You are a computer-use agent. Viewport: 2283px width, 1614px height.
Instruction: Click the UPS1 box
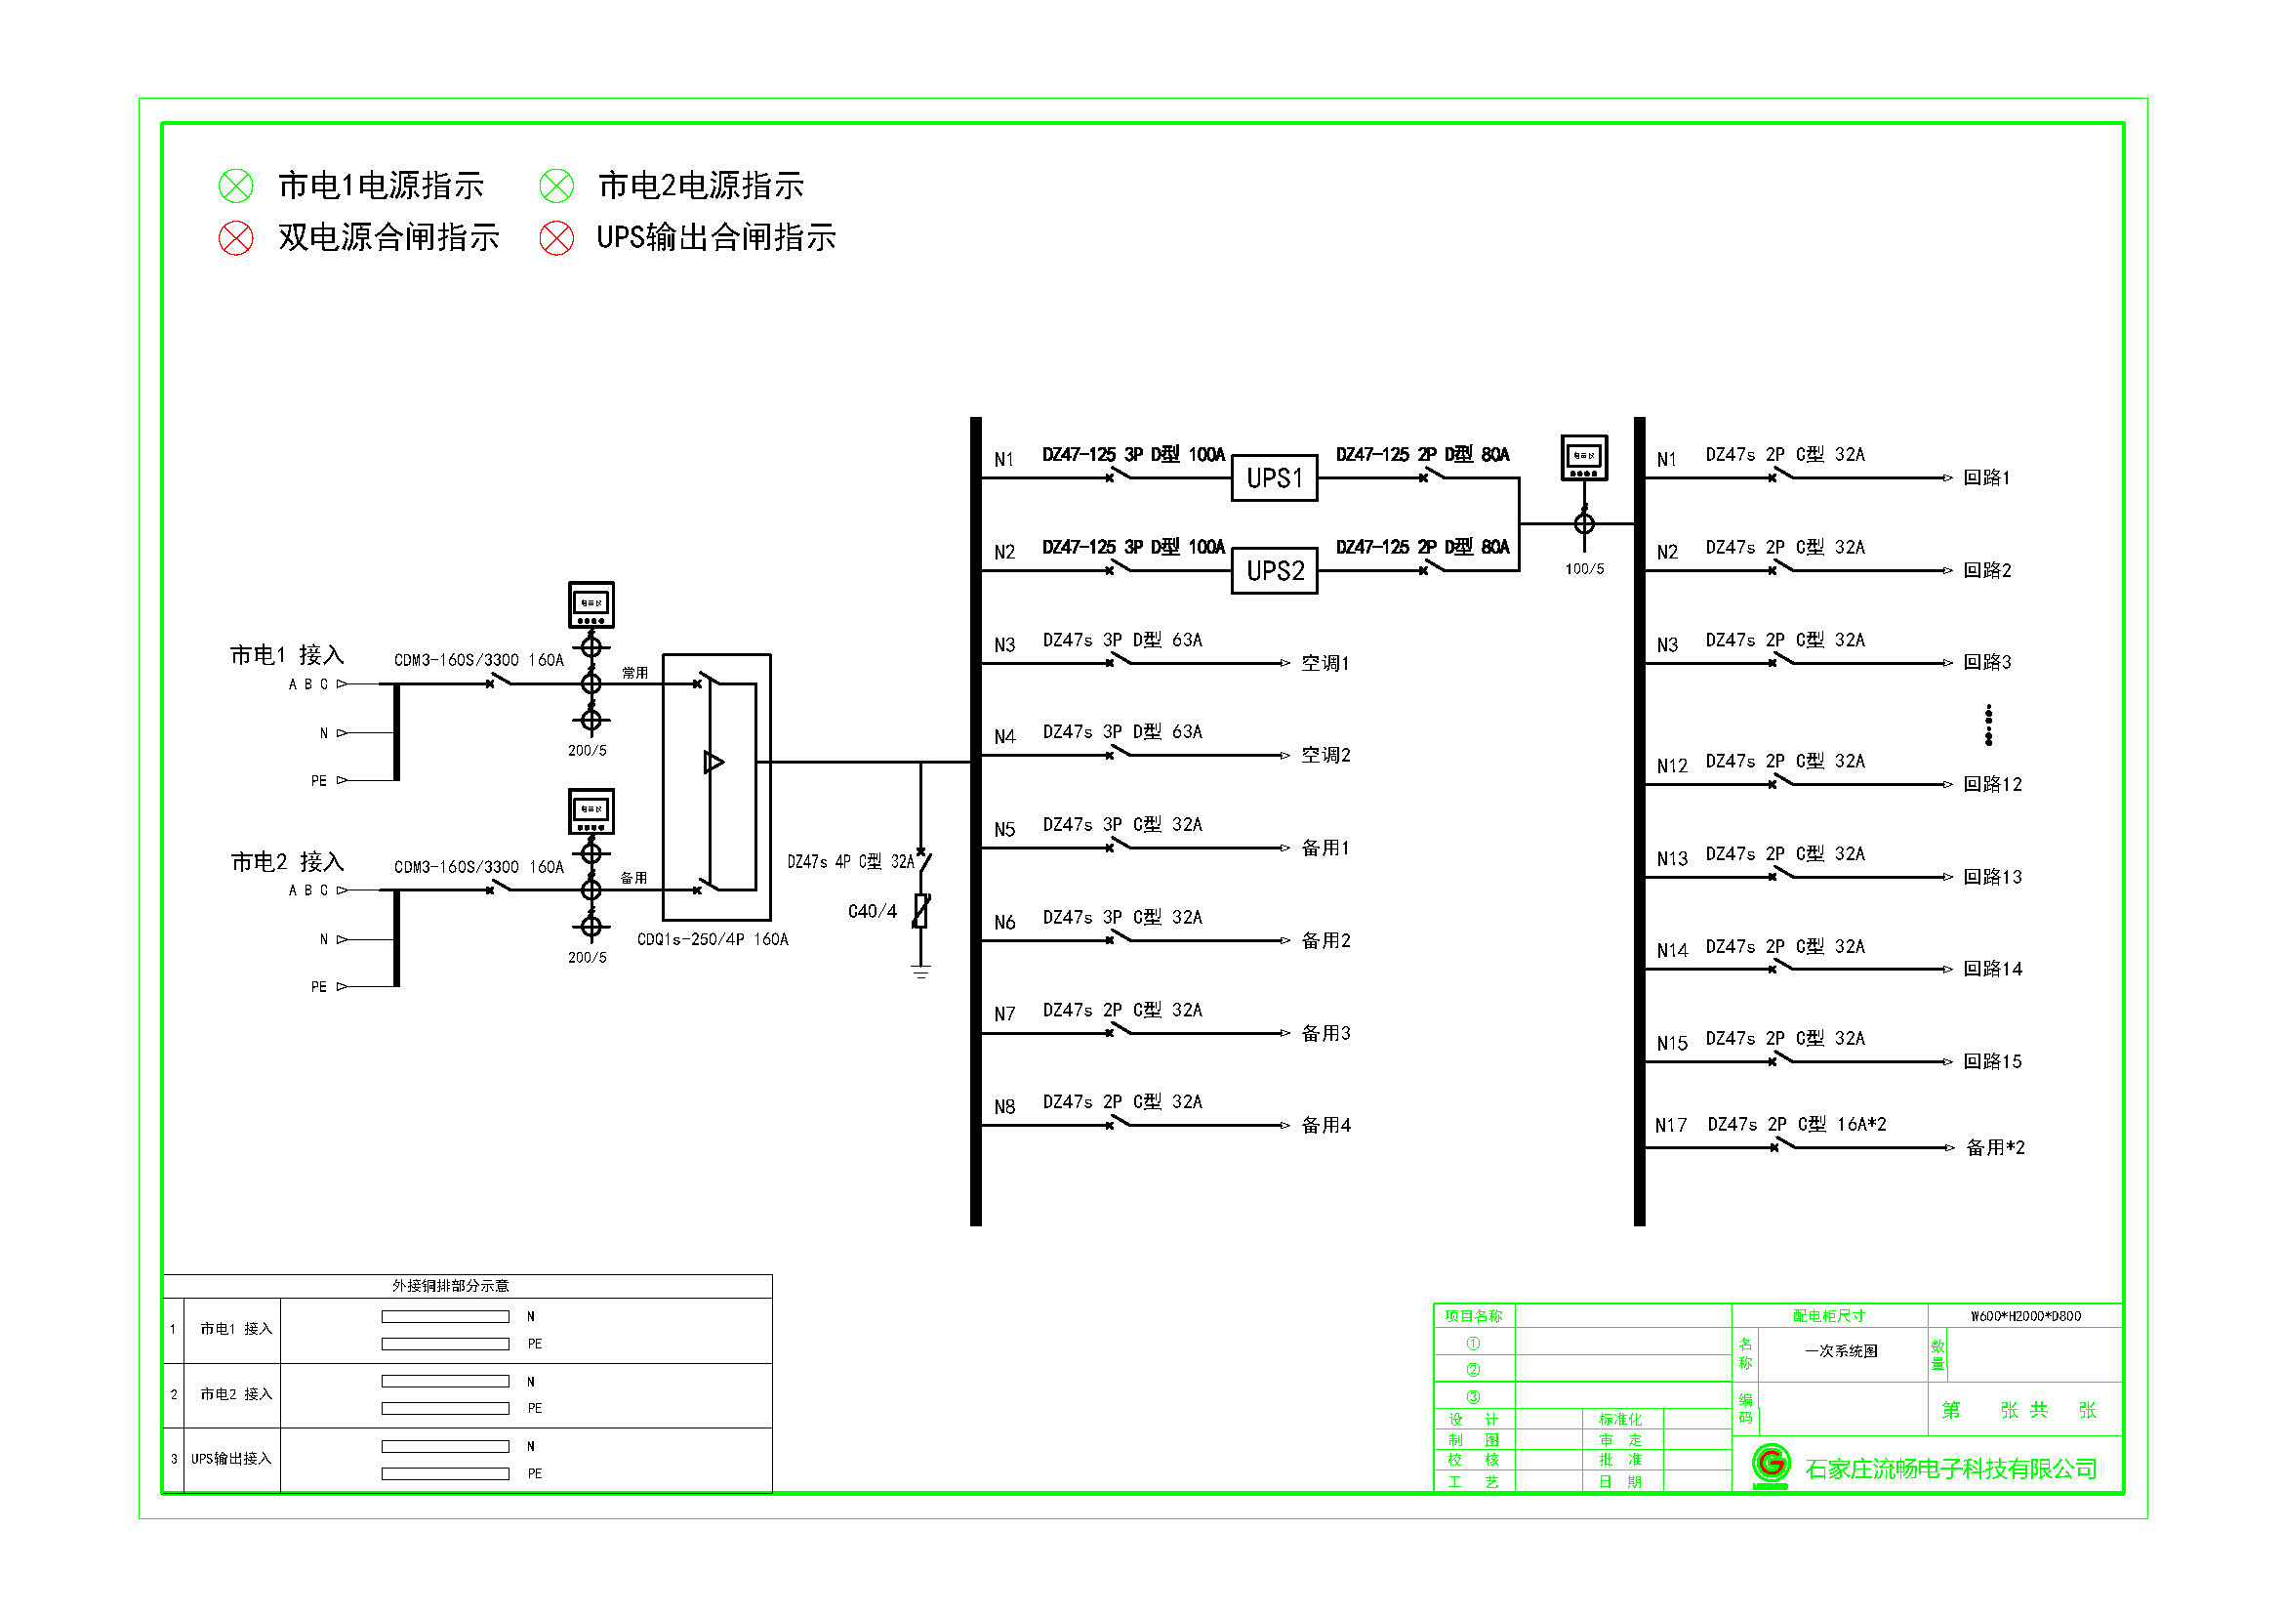[1274, 478]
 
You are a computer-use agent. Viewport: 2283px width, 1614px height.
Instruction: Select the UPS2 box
[1274, 571]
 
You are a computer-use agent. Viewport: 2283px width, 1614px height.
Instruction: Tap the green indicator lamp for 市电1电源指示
[235, 186]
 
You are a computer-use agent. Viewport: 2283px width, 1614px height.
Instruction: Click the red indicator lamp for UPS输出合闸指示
[555, 237]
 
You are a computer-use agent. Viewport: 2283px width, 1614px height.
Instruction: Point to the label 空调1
[1325, 663]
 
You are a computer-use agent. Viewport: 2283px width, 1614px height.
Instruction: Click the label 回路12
[1992, 785]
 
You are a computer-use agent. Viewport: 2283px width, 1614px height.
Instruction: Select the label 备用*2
[1995, 1147]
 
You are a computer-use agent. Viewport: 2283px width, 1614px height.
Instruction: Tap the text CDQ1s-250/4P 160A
[712, 939]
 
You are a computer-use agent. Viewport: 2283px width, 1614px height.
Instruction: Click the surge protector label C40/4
[872, 911]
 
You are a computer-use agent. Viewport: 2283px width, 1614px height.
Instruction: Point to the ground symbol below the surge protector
[920, 971]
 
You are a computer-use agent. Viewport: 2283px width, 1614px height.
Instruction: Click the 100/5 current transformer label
[1584, 569]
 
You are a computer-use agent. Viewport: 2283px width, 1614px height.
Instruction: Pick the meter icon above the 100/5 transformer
[1584, 458]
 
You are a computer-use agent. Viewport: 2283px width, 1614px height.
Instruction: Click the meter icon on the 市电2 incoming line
[591, 811]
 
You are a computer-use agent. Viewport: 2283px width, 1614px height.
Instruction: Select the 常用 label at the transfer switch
[634, 674]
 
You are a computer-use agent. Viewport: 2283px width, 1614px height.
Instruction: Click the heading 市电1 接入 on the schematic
[286, 654]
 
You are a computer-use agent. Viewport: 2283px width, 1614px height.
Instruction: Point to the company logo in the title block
[1770, 1465]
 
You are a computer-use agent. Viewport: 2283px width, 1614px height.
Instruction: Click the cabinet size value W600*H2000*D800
[2024, 1315]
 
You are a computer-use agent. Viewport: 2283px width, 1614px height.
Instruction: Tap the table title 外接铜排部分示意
[449, 1286]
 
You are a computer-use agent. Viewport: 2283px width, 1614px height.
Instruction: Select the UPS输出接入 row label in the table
[230, 1459]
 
